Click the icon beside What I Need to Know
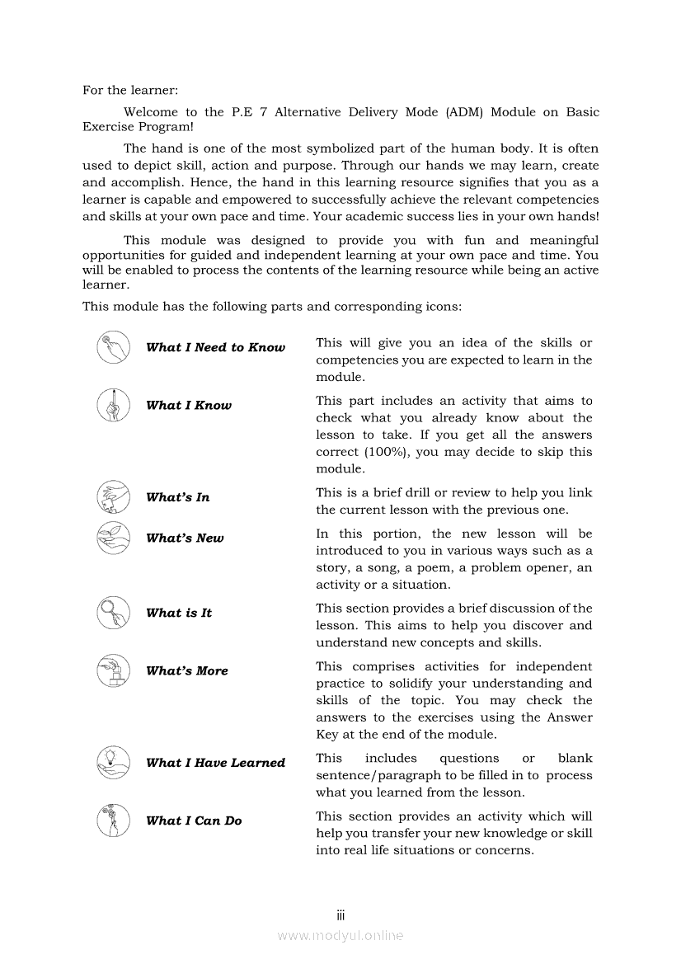pos(113,347)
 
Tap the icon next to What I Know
pos(113,405)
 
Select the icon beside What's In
pos(113,496)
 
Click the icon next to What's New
pos(113,538)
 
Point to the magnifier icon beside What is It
pos(113,613)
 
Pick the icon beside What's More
pos(113,670)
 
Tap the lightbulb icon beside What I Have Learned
pos(113,763)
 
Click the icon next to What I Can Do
pos(113,820)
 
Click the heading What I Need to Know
pos(215,347)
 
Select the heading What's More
pos(186,670)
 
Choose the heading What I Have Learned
pos(215,763)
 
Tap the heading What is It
pos(179,613)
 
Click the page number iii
pos(340,915)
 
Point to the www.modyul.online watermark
pos(340,935)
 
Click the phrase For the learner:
pos(130,90)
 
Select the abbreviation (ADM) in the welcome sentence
pos(463,112)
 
